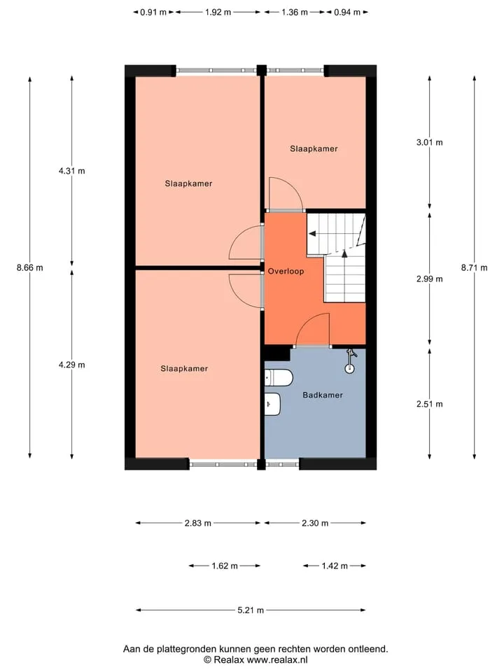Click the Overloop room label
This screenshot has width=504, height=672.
[x=286, y=272]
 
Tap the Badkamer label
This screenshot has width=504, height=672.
[x=322, y=395]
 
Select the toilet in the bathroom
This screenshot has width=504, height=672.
[x=279, y=377]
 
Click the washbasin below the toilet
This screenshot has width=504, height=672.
[x=272, y=404]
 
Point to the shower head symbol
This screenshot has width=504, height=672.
[x=351, y=362]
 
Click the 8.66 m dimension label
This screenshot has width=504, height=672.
[x=30, y=268]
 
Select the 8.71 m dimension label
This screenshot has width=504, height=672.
[x=474, y=268]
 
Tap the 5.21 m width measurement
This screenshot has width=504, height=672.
[x=251, y=610]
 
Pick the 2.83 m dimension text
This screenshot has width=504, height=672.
[x=198, y=524]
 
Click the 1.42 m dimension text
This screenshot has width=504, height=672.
[x=335, y=566]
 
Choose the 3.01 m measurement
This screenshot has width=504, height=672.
[x=429, y=143]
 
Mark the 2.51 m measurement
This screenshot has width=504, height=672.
[x=429, y=404]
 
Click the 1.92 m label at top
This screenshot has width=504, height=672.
[x=218, y=13]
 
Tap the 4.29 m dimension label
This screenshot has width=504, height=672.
[x=72, y=365]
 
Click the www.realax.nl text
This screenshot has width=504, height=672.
[x=277, y=660]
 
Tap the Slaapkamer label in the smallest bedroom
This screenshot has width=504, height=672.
[x=314, y=149]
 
